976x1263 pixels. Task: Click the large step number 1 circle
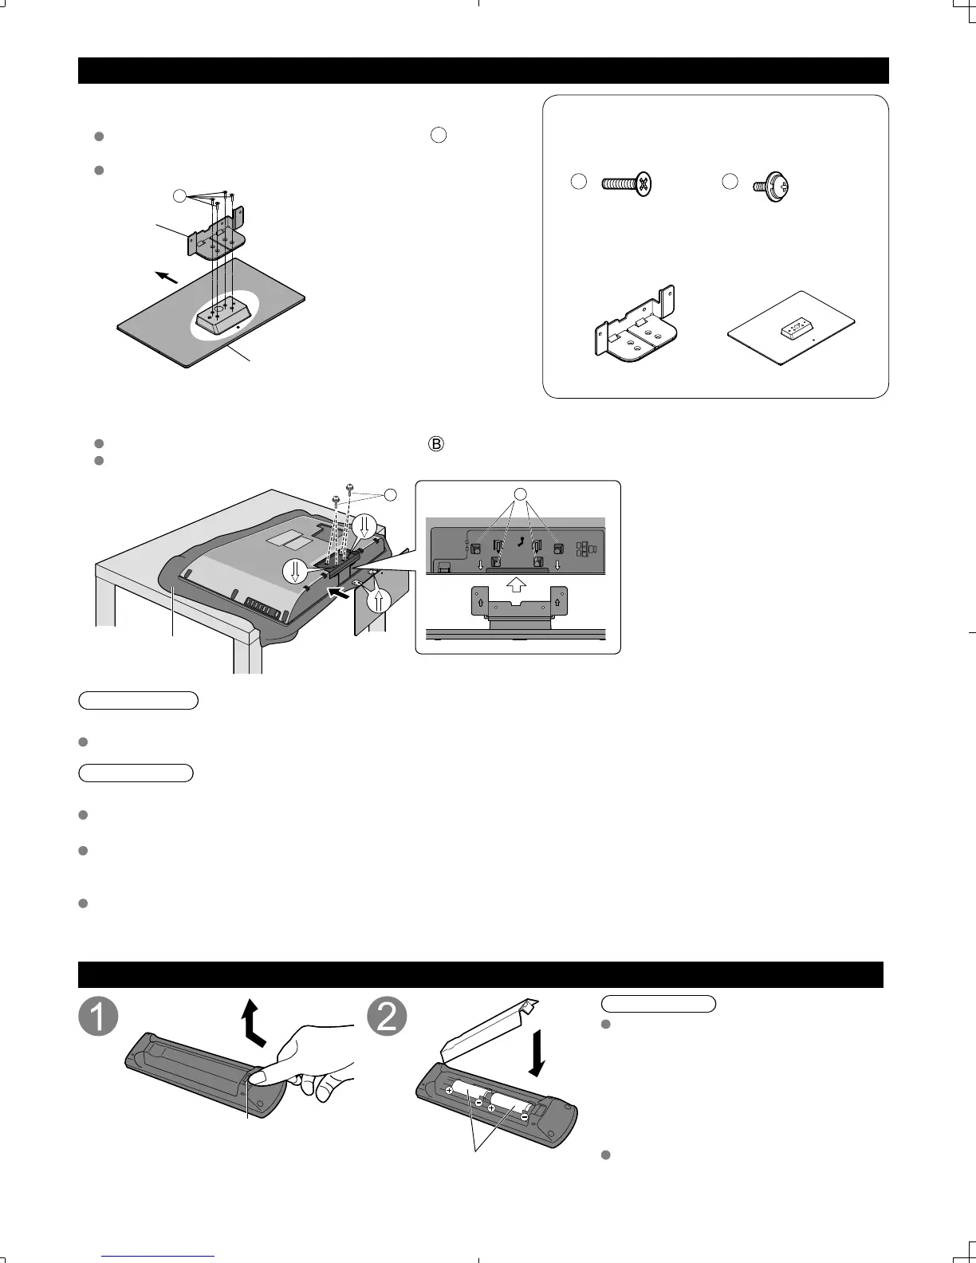(98, 1017)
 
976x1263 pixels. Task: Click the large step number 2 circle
(387, 1017)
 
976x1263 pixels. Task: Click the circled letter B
(435, 445)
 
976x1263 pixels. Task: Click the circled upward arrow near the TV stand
(380, 599)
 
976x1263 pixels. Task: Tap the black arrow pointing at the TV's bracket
(339, 592)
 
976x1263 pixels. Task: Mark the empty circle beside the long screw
(579, 182)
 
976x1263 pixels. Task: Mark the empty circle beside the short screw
(729, 182)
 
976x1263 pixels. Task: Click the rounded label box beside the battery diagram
(659, 1003)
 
